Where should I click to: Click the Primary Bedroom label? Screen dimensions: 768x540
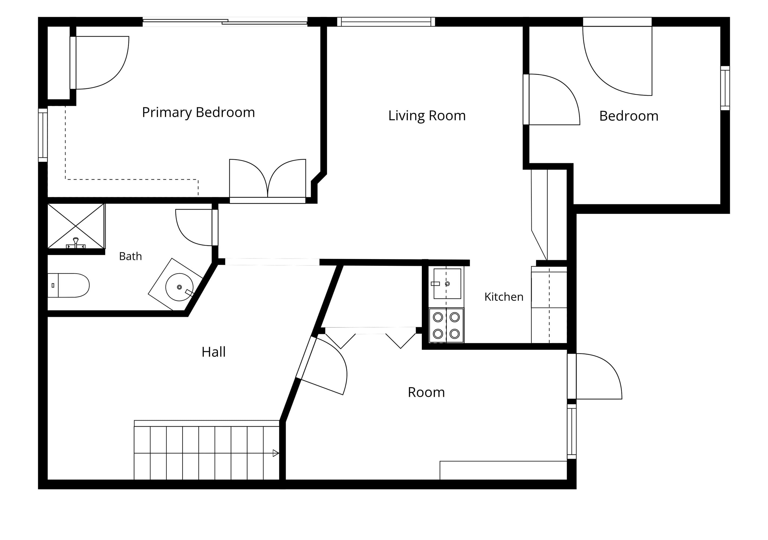pyautogui.click(x=198, y=113)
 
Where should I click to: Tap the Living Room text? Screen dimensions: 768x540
pyautogui.click(x=427, y=116)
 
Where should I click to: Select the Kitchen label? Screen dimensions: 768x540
pyautogui.click(x=504, y=297)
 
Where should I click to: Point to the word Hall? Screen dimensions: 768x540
pyautogui.click(x=213, y=352)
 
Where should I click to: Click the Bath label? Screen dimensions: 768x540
pyautogui.click(x=130, y=256)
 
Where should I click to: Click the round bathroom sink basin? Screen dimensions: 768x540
pyautogui.click(x=179, y=287)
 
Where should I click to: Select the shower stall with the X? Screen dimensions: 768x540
pyautogui.click(x=76, y=226)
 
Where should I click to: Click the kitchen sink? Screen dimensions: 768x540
pyautogui.click(x=447, y=284)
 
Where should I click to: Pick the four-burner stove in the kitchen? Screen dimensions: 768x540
pyautogui.click(x=446, y=325)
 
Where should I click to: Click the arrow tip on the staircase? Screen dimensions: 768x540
pyautogui.click(x=278, y=453)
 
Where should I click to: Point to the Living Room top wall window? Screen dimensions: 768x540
pyautogui.click(x=386, y=22)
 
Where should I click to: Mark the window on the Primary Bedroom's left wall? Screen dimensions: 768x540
pyautogui.click(x=43, y=135)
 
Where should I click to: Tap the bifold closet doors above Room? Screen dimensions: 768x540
pyautogui.click(x=371, y=337)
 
